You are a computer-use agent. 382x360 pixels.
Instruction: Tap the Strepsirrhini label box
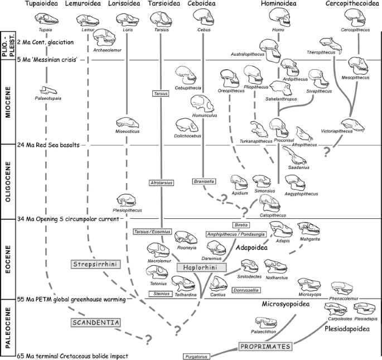pyautogui.click(x=93, y=263)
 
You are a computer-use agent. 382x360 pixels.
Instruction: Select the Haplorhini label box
pyautogui.click(x=201, y=267)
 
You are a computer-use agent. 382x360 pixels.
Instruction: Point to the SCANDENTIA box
pyautogui.click(x=96, y=322)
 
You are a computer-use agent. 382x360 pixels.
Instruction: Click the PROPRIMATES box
pyautogui.click(x=265, y=347)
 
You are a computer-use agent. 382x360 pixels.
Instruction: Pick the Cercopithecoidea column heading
pyautogui.click(x=351, y=4)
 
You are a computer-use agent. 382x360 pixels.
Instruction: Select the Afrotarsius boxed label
pyautogui.click(x=161, y=183)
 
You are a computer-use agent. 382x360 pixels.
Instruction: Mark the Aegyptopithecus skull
pyautogui.click(x=297, y=182)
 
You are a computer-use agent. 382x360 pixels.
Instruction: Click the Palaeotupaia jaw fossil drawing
pyautogui.click(x=51, y=90)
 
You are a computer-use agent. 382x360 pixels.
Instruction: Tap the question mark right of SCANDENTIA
pyautogui.click(x=149, y=338)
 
